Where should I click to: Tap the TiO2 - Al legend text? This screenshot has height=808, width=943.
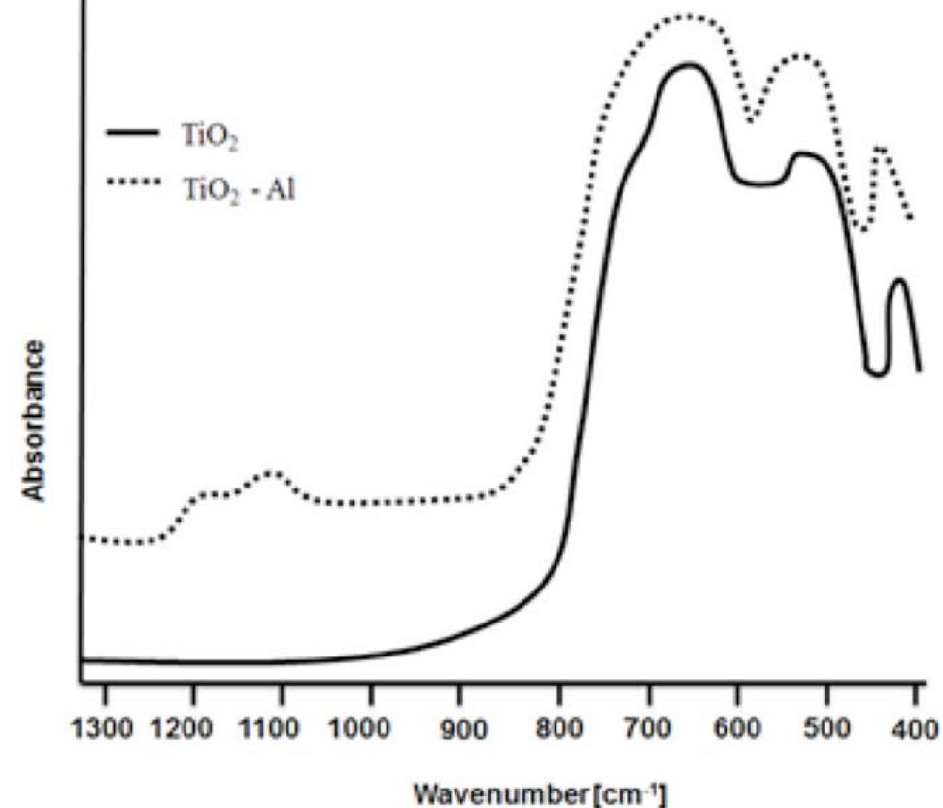pos(239,190)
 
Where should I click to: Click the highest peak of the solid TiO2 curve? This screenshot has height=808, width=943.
pos(690,65)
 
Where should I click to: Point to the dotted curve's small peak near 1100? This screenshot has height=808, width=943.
pos(273,473)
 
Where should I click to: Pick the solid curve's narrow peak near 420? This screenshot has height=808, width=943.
pos(899,280)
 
